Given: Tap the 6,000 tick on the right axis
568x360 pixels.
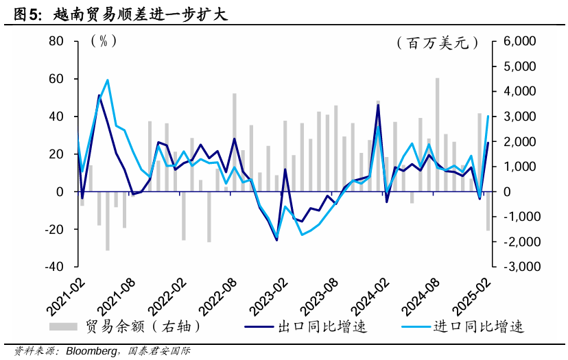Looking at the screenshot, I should pyautogui.click(x=519, y=41).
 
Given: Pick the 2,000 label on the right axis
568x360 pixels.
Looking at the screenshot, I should pyautogui.click(x=519, y=141).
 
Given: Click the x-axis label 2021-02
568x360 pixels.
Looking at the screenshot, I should pyautogui.click(x=65, y=295).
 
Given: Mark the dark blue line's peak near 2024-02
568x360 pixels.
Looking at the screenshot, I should pyautogui.click(x=378, y=105).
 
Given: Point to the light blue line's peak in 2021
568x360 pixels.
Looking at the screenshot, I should pyautogui.click(x=107, y=80).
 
